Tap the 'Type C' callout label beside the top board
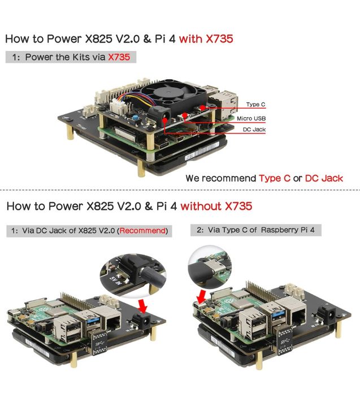tap(255, 105)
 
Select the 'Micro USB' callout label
tap(251, 118)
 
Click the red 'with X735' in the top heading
tap(205, 39)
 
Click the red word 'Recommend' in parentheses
tap(142, 231)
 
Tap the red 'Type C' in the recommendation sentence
tap(275, 178)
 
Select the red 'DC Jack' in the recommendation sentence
tap(324, 178)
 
